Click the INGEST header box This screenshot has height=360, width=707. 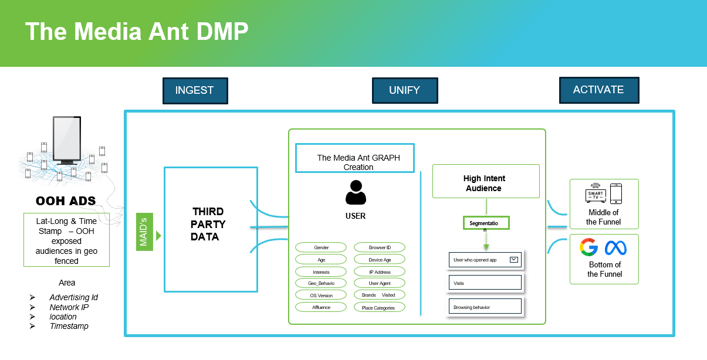[195, 91]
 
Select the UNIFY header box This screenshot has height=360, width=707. [404, 90]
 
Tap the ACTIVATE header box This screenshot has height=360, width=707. [598, 90]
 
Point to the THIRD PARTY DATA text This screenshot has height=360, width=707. [208, 224]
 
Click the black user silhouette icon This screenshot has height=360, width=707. [356, 193]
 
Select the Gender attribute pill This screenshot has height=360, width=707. [321, 248]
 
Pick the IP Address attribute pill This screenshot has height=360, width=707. [380, 272]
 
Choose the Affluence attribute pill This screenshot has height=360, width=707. [321, 307]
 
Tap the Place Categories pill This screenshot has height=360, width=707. [378, 308]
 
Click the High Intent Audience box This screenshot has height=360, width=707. [485, 183]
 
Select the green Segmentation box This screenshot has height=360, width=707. [486, 224]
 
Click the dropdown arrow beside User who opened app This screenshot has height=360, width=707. [514, 259]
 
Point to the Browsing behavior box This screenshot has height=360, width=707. [485, 307]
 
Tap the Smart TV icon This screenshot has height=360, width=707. [595, 194]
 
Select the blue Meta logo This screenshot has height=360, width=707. [616, 248]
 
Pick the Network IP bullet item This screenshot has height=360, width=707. [69, 307]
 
